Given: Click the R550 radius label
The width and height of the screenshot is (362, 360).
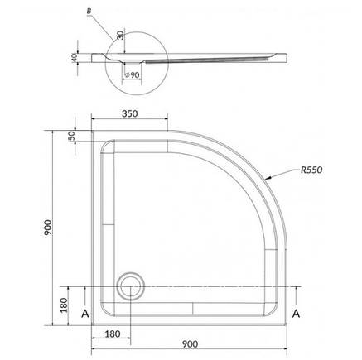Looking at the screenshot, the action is click(x=311, y=170).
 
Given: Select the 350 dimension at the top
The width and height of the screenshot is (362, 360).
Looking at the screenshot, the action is click(x=130, y=113).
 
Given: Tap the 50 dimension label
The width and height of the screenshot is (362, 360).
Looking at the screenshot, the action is click(x=71, y=136).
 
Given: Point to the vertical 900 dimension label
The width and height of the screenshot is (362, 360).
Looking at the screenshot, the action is click(x=47, y=228).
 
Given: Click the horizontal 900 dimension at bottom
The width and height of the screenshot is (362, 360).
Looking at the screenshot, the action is click(x=190, y=344).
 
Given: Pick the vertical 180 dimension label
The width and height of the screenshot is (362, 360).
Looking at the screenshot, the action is click(x=64, y=305).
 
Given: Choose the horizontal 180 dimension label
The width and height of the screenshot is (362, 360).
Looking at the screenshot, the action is click(x=113, y=334).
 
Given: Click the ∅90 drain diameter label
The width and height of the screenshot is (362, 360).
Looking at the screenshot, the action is click(x=132, y=75).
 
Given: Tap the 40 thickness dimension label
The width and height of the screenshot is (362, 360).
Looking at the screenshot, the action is click(x=74, y=58).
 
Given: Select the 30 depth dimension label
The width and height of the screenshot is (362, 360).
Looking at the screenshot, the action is click(x=120, y=35).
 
